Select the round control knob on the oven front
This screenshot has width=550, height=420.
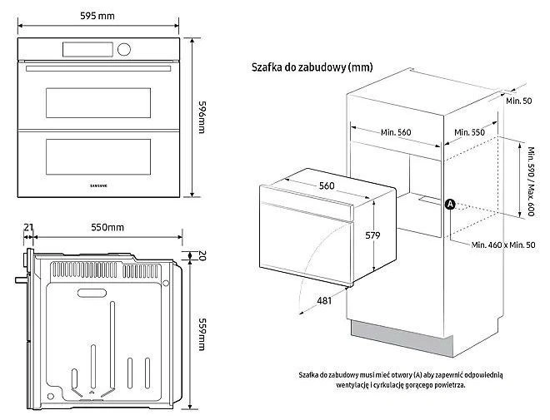(124, 49)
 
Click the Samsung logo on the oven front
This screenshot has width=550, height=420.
(99, 182)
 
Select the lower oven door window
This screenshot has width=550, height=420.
(99, 152)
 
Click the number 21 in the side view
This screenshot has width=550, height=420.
(28, 227)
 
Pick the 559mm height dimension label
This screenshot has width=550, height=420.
(202, 335)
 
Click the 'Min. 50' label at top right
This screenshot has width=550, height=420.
(517, 101)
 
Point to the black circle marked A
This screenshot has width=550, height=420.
(448, 204)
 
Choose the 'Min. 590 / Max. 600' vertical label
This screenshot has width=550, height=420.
(530, 182)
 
